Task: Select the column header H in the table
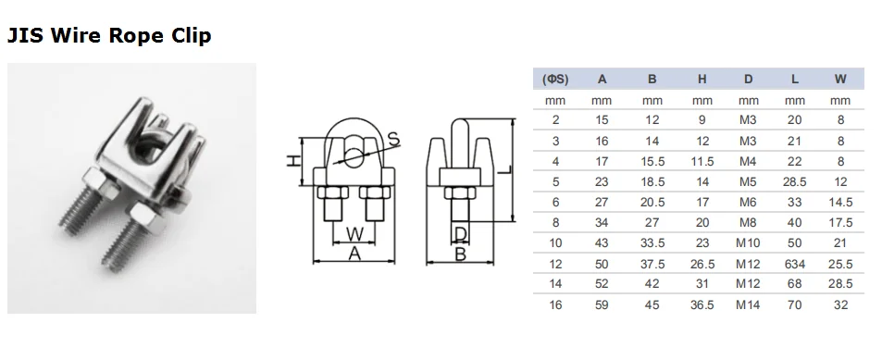pyautogui.click(x=702, y=80)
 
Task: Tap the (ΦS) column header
pyautogui.click(x=555, y=80)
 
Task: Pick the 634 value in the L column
pyautogui.click(x=794, y=264)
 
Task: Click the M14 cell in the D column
pyautogui.click(x=748, y=304)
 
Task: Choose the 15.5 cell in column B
pyautogui.click(x=652, y=161)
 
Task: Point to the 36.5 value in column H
pyautogui.click(x=702, y=304)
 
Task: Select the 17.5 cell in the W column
pyautogui.click(x=840, y=223)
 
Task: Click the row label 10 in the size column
pyautogui.click(x=555, y=243)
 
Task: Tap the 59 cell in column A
pyautogui.click(x=602, y=304)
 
